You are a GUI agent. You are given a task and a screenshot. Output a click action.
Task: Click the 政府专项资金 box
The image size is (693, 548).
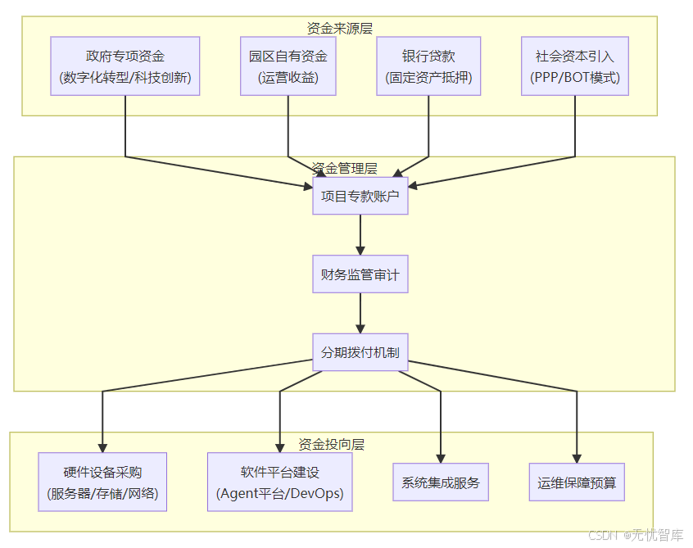point(125,66)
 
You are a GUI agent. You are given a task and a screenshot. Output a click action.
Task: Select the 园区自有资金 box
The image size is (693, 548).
point(288,66)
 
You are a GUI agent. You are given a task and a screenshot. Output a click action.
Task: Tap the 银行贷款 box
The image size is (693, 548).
point(428,66)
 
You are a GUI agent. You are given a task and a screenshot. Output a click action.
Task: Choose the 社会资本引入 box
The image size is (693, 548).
point(574,66)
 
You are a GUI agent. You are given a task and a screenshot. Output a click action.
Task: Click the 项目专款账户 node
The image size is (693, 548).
point(360,195)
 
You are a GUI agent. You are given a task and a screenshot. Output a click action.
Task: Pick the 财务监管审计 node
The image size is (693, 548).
point(360,274)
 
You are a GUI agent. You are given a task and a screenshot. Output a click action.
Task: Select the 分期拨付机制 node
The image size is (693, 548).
point(360,352)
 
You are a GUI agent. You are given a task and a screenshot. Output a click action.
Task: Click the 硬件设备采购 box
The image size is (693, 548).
point(102,482)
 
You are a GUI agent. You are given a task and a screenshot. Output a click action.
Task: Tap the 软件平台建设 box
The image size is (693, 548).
point(279,482)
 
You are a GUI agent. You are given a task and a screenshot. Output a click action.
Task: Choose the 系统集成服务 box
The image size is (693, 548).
point(441,482)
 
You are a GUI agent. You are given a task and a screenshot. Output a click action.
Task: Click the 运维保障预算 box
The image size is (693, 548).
point(577,482)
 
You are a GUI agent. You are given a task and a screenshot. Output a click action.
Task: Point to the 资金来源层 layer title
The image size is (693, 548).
point(339,28)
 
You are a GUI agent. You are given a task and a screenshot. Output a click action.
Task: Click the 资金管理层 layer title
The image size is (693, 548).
point(344,168)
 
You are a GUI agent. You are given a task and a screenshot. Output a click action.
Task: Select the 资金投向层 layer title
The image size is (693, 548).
point(331,444)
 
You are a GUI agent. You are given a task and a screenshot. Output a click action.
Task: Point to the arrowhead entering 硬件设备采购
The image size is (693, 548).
point(102,447)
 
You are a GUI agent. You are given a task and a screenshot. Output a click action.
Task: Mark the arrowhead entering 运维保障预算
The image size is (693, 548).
point(577,459)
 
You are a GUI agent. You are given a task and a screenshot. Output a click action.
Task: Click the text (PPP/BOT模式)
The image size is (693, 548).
point(574,79)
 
